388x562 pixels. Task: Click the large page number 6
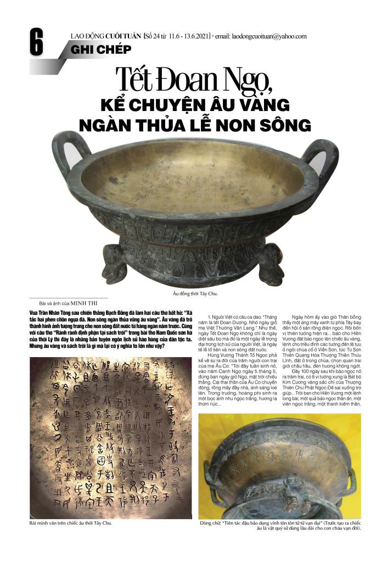36,43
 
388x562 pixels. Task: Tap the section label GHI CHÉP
101,50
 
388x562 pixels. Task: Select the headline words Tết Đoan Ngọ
194,82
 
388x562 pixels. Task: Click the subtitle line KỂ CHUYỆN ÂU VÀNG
194,105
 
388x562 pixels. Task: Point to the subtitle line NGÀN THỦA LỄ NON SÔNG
194,125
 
